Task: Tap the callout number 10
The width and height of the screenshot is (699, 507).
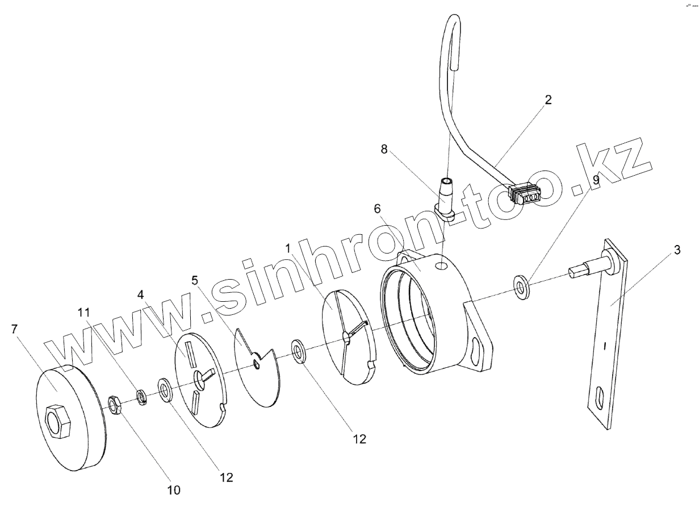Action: [x=174, y=489]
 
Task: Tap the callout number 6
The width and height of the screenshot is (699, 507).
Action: [x=377, y=209]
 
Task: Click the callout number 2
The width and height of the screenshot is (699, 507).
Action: [x=547, y=100]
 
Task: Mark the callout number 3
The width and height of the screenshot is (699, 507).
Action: [x=679, y=250]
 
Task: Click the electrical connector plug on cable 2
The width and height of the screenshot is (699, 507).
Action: [x=525, y=194]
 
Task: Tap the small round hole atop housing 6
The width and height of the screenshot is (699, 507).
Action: [x=441, y=265]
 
